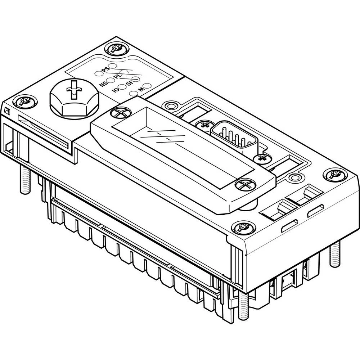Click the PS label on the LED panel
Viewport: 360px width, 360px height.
105,69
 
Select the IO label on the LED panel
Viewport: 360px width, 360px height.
116,90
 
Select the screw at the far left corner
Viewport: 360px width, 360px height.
24,102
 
